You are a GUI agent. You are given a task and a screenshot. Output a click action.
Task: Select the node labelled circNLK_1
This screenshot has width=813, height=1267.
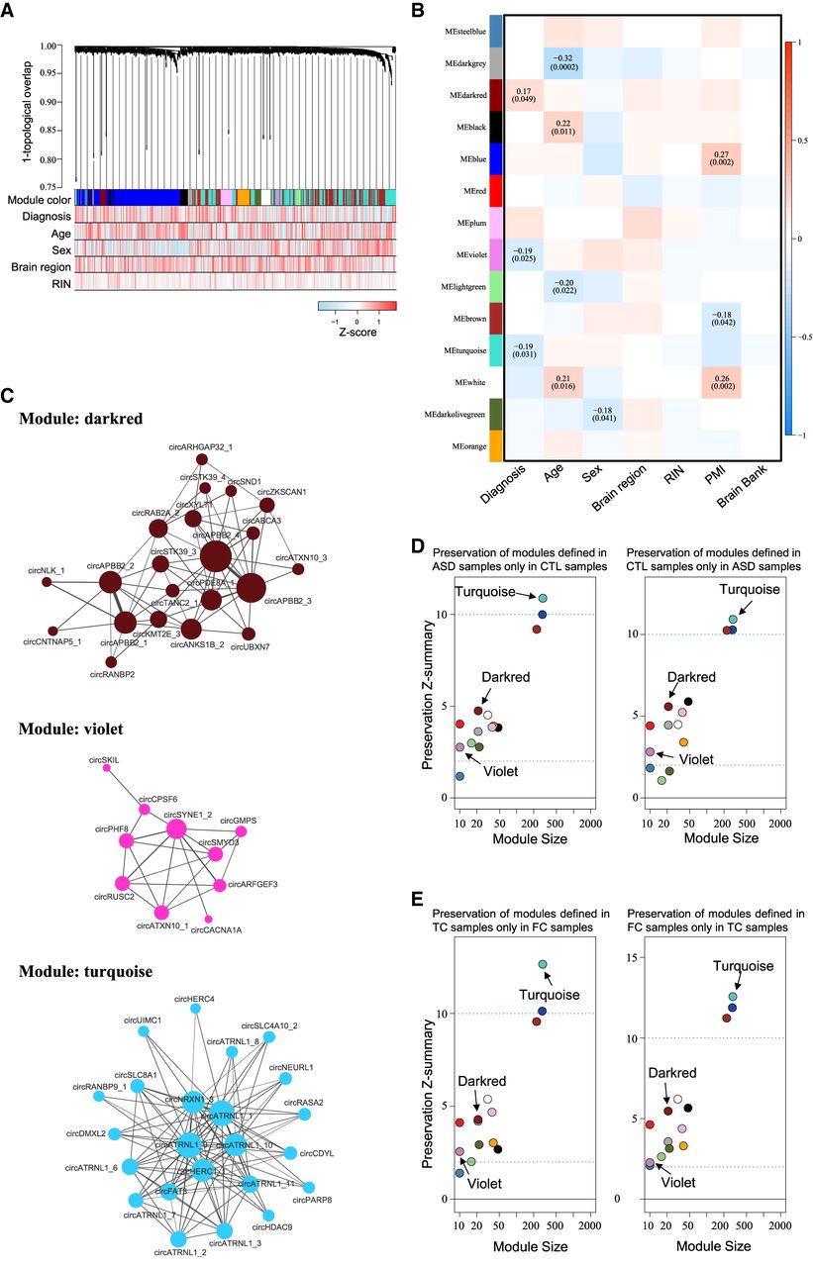(x=47, y=581)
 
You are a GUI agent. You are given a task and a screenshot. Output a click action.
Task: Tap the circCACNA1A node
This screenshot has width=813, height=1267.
(x=207, y=920)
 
